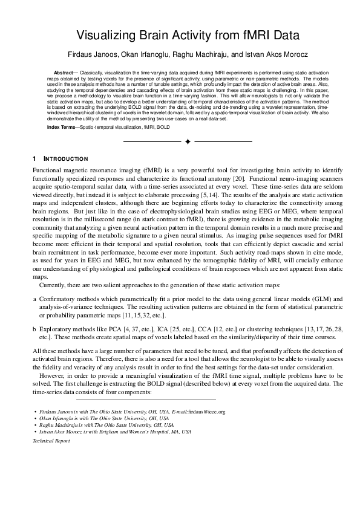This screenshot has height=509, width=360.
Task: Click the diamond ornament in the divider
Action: pos(188,141)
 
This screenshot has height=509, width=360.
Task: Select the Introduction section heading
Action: pos(67,159)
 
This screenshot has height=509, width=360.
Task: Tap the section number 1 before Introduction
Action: pos(34,159)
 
